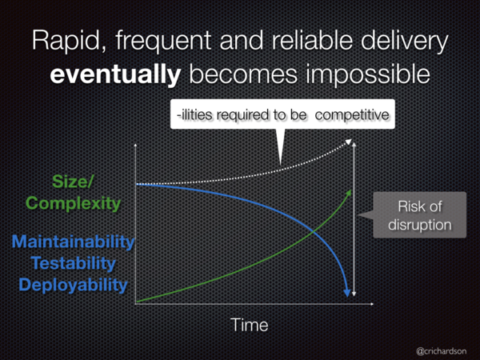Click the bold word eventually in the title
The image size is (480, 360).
(115, 74)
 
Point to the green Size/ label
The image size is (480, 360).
(72, 182)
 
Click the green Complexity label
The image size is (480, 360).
(73, 203)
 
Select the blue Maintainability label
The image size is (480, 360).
(73, 242)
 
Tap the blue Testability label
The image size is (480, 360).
(73, 263)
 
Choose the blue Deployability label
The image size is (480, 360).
(73, 285)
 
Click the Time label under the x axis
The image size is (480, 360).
(249, 325)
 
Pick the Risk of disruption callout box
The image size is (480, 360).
(419, 215)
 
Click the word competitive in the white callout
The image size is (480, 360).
(352, 115)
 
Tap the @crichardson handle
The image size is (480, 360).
(442, 351)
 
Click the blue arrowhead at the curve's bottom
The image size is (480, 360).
(347, 292)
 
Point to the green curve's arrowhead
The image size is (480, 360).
(348, 193)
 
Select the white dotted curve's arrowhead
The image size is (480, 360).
(348, 142)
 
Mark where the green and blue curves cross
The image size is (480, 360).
(313, 232)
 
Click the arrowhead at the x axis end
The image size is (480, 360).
(372, 304)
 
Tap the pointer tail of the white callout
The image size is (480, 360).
(280, 146)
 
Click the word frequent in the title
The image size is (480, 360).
(164, 41)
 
